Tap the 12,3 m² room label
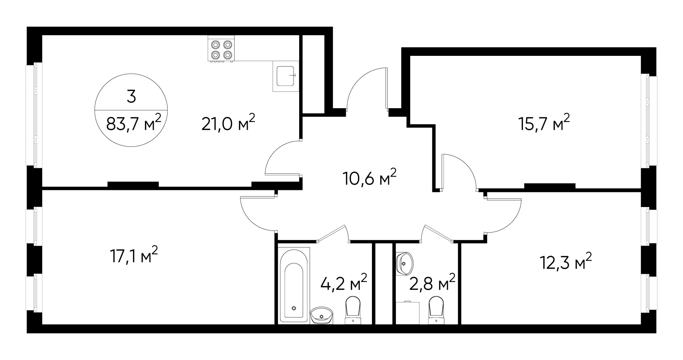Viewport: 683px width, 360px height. (x=566, y=262)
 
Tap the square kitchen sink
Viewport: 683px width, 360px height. (x=286, y=76)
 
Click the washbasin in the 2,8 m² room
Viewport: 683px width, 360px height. (x=404, y=264)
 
